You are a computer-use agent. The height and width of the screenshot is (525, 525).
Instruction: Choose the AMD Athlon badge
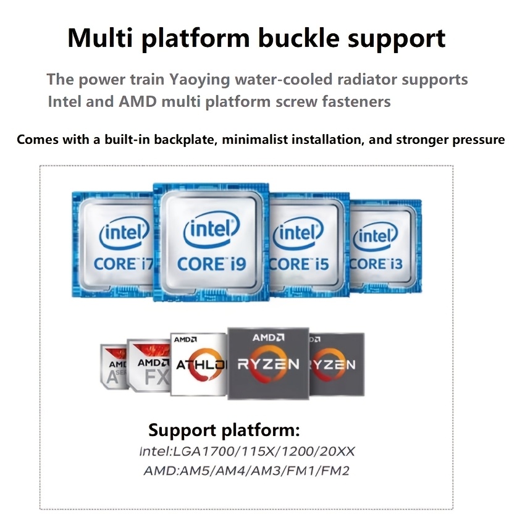point(199,364)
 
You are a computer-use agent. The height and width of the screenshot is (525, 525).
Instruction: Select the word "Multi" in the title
point(101,38)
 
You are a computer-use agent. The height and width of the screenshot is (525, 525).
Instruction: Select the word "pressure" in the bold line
point(474,140)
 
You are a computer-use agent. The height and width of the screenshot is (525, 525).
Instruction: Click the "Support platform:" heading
point(224,430)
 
